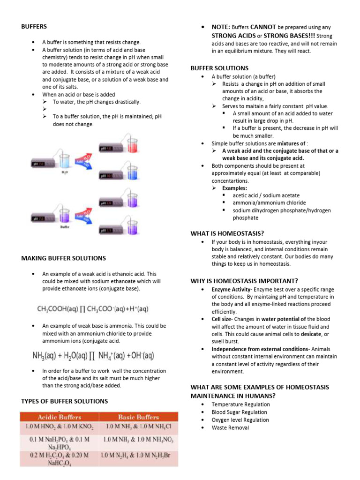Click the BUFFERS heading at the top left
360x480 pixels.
point(34,27)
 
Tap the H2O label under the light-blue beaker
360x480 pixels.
point(64,172)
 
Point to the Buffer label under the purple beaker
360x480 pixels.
point(65,226)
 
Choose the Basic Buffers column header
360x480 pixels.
point(139,417)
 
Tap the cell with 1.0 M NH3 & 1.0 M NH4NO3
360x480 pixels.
point(139,440)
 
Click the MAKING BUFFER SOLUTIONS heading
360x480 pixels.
point(64,258)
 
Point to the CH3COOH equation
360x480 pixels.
point(92,309)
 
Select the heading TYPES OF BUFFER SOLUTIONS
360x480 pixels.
point(65,401)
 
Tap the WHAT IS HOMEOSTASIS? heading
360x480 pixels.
point(227,233)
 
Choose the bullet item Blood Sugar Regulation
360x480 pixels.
point(239,412)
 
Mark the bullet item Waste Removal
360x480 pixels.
point(230,427)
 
